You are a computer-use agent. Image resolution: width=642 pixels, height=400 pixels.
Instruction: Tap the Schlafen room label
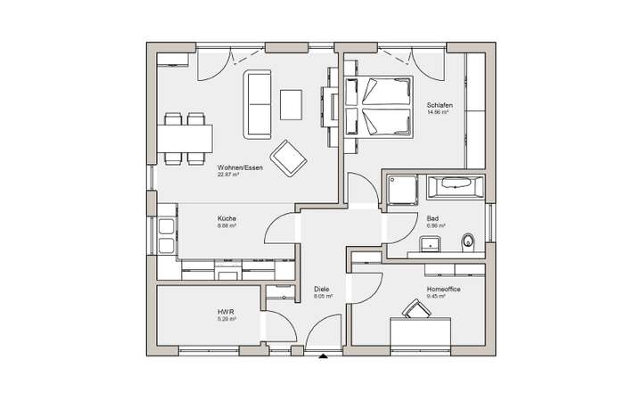pos(438,104)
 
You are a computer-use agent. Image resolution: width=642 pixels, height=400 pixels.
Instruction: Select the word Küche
pos(226,218)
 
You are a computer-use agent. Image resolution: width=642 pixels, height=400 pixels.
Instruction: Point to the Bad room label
pos(432,218)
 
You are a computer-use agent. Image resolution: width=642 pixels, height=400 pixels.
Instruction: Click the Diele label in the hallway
pos(322,290)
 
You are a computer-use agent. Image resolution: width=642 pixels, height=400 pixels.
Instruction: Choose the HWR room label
pos(225,312)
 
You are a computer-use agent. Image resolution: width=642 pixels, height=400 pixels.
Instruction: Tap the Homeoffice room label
pos(443,290)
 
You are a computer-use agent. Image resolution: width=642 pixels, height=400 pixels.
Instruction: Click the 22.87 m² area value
pos(228,175)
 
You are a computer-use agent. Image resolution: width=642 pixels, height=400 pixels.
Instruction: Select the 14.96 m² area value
pos(437,112)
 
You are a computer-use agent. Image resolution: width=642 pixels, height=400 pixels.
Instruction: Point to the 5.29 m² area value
pos(226,319)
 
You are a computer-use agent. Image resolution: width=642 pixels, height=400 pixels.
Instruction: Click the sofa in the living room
pos(259,104)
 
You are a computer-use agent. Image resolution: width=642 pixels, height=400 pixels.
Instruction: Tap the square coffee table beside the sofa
pos(292,104)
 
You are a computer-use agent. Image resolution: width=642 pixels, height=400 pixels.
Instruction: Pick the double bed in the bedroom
pos(376,107)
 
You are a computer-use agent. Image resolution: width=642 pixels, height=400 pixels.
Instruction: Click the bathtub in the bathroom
pos(454,187)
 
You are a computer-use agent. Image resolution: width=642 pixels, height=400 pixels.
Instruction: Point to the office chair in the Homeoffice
pos(414,308)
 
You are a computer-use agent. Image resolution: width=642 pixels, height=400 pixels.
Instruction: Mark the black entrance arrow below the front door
pos(323,357)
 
